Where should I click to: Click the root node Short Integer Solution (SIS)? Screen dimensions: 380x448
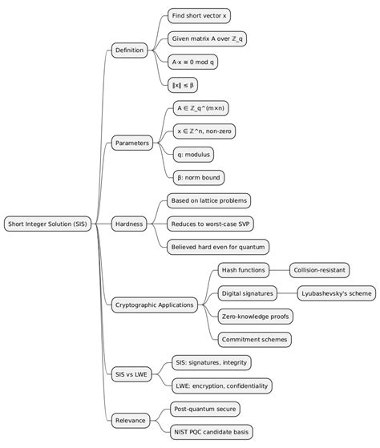(47, 224)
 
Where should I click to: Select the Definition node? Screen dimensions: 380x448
(129, 50)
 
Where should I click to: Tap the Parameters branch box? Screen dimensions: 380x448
(132, 143)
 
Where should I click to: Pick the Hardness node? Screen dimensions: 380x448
(129, 224)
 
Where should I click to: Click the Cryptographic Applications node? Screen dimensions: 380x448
(154, 305)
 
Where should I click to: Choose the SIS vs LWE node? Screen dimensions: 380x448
(131, 374)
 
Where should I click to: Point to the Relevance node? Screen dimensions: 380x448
(131, 421)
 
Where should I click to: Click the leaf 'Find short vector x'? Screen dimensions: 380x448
(199, 16)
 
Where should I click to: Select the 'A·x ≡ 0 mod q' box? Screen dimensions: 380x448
(193, 62)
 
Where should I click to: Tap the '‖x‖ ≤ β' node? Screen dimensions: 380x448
(183, 85)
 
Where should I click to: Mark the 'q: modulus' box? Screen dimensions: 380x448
(193, 155)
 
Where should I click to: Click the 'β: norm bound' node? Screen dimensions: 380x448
(199, 178)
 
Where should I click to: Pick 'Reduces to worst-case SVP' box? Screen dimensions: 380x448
(210, 224)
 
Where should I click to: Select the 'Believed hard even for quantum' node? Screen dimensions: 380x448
(218, 247)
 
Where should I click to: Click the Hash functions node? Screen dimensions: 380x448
(244, 270)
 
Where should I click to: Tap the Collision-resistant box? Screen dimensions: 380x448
(319, 270)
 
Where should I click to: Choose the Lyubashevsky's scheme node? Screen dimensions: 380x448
(337, 293)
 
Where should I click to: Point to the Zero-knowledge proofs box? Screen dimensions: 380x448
(256, 317)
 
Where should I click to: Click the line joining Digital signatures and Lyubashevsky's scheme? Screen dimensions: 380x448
(288, 293)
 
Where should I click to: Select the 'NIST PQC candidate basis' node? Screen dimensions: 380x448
(212, 432)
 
